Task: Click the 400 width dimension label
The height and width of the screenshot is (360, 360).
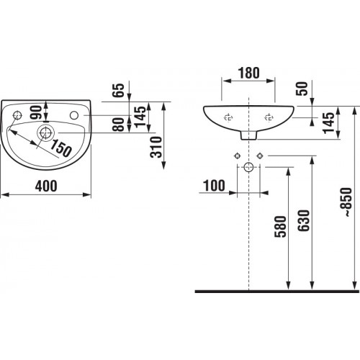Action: pyautogui.click(x=46, y=186)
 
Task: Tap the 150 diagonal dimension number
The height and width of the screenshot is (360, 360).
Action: pyautogui.click(x=61, y=148)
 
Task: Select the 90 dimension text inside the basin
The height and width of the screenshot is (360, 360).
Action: pyautogui.click(x=36, y=112)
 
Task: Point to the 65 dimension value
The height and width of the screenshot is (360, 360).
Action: pyautogui.click(x=119, y=90)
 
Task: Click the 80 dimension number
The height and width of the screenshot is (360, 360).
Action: pyautogui.click(x=119, y=125)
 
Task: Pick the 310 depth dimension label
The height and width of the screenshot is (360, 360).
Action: pyautogui.click(x=156, y=147)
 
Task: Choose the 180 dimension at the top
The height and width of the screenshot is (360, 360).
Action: pyautogui.click(x=248, y=73)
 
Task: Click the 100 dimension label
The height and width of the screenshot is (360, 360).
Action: pyautogui.click(x=214, y=186)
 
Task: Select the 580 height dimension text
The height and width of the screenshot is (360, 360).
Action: pyautogui.click(x=280, y=227)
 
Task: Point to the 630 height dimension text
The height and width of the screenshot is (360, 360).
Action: pyautogui.click(x=304, y=220)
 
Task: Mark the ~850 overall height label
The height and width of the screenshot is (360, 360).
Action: pyautogui.click(x=347, y=202)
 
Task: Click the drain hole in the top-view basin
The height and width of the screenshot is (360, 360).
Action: pyautogui.click(x=45, y=132)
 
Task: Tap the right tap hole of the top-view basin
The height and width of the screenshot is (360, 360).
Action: pyautogui.click(x=74, y=115)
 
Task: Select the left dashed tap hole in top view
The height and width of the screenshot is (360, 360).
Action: pyautogui.click(x=17, y=115)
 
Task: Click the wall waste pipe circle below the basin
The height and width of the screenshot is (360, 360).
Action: pyautogui.click(x=248, y=167)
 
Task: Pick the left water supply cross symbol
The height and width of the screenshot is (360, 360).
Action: pyautogui.click(x=237, y=156)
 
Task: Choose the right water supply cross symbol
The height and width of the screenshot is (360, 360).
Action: pyautogui.click(x=260, y=156)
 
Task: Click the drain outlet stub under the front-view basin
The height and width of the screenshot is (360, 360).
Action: pyautogui.click(x=248, y=135)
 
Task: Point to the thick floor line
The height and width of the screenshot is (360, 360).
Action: pyautogui.click(x=277, y=292)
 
